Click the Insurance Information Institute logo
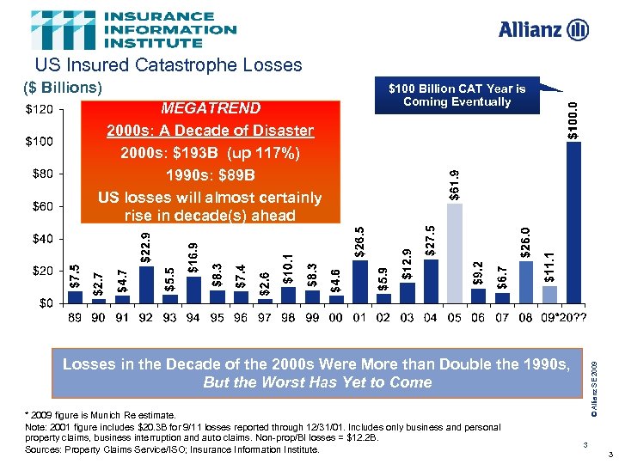(x=134, y=30)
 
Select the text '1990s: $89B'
(x=210, y=175)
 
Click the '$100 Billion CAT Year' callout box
(x=457, y=95)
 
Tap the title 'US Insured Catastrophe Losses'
(x=169, y=65)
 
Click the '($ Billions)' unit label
(x=62, y=88)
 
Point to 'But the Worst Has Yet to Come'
(x=317, y=382)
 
